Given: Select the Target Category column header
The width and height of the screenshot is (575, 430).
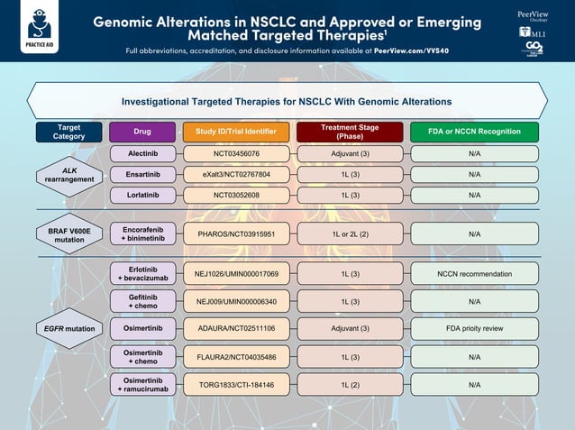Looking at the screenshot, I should tap(68, 132).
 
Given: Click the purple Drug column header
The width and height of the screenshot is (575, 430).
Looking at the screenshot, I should tap(142, 132).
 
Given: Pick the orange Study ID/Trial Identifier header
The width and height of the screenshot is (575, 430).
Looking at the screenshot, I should tap(236, 132).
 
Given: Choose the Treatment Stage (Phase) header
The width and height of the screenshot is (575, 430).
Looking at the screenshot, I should tap(350, 132).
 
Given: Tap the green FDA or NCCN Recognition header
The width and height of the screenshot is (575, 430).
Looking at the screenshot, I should tap(474, 132).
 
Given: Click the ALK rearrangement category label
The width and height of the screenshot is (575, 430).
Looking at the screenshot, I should tap(69, 174).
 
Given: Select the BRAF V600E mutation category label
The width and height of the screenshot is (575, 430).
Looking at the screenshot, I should tap(69, 235).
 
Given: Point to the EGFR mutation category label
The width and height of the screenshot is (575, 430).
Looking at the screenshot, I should tap(69, 329).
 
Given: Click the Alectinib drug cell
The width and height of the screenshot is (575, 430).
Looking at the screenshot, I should tap(142, 154).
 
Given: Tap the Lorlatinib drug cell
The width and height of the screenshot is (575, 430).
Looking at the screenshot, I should tap(142, 195).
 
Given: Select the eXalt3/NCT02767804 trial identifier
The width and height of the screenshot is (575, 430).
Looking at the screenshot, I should tap(236, 174).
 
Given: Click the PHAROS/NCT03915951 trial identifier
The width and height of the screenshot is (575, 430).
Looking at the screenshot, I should tap(236, 234).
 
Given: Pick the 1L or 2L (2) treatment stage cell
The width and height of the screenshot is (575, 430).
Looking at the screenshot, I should tap(350, 234).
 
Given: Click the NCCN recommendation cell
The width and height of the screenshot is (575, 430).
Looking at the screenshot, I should tap(474, 274).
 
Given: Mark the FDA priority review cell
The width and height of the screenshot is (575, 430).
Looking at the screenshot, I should tap(474, 329).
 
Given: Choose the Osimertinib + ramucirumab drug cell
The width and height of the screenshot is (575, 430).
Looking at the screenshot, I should tap(142, 385).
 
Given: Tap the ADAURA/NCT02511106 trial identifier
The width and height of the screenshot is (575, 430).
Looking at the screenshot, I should tap(236, 329).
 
